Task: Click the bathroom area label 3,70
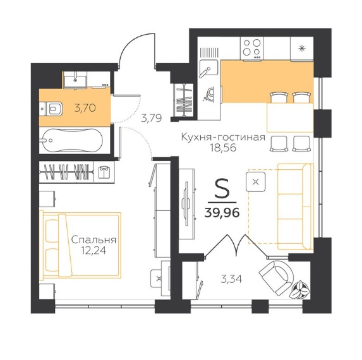[x=85, y=108]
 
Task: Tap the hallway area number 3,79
[x=152, y=118]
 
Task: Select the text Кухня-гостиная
[x=223, y=138]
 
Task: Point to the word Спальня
[x=94, y=240]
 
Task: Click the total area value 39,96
[x=222, y=213]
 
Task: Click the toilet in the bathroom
[x=51, y=109]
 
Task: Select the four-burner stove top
[x=252, y=48]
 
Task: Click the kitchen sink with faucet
[x=208, y=68]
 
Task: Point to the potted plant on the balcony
[x=299, y=290]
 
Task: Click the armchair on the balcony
[x=276, y=277]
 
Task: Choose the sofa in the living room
[x=295, y=207]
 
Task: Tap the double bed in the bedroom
[x=80, y=245]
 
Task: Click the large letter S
[x=222, y=189]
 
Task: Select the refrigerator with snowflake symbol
[x=301, y=49]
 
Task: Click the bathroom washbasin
[x=75, y=79]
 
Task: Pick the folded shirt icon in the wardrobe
[x=104, y=172]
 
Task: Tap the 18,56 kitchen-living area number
[x=223, y=148]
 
